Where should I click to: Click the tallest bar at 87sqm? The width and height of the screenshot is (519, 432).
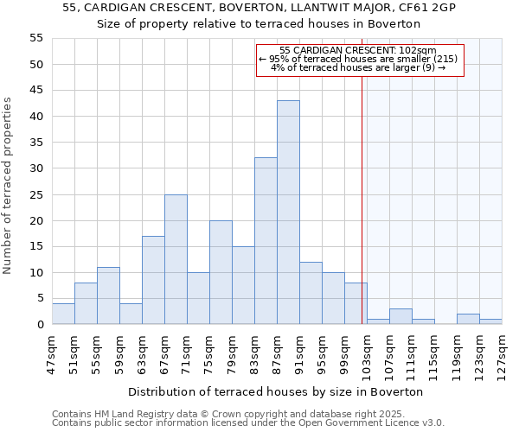coord(288,213)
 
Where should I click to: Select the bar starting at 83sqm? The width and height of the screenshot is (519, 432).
coord(266,241)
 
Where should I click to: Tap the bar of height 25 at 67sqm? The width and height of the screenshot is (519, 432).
coord(176,259)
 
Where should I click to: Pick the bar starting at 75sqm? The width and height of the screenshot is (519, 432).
coord(221,272)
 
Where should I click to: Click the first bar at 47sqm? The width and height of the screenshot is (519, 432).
coord(63,314)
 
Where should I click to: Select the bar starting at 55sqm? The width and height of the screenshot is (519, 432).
coord(108,295)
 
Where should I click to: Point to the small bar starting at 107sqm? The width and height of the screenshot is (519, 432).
coord(400,316)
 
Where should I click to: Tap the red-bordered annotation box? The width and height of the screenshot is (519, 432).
coord(360,60)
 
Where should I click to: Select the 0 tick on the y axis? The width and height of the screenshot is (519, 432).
coord(40,325)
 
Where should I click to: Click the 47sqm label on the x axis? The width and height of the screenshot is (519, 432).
coord(52,350)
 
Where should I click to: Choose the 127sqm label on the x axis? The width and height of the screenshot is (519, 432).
coord(502,350)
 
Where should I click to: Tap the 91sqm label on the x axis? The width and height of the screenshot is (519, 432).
coord(299,350)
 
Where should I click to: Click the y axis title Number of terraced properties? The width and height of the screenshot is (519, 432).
coord(8,186)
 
